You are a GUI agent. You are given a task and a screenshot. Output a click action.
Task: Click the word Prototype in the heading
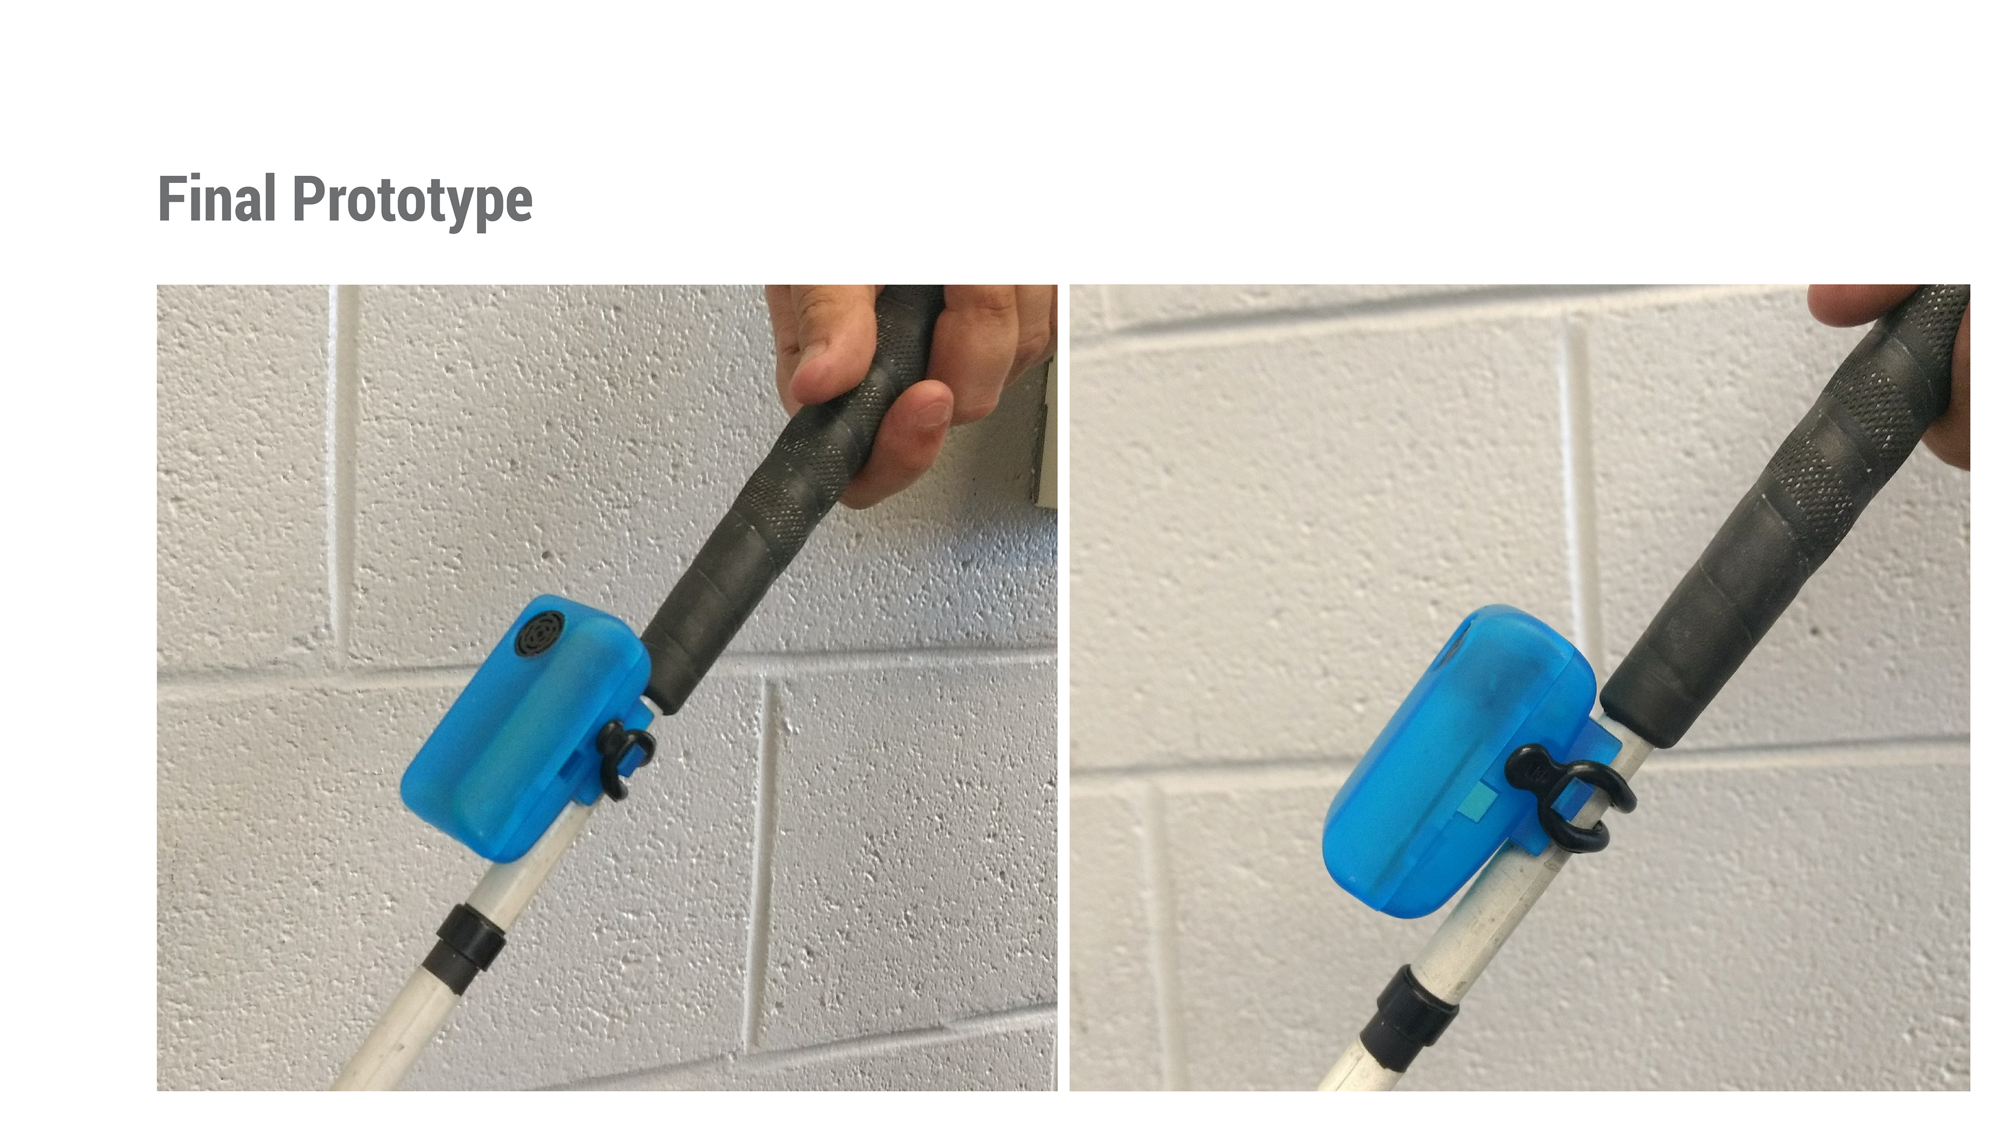tap(413, 202)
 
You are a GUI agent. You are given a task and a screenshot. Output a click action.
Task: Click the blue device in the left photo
tap(526, 729)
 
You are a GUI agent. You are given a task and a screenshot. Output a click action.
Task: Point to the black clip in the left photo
tap(624, 757)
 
